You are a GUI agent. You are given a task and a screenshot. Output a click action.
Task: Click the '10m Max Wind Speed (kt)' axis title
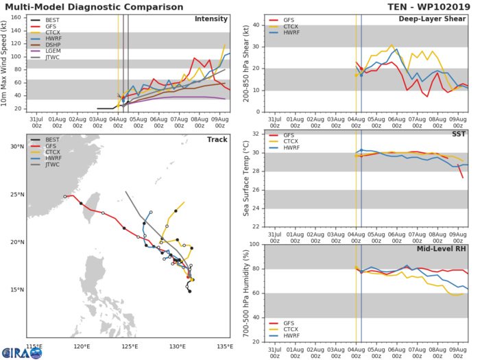point(5,63)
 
